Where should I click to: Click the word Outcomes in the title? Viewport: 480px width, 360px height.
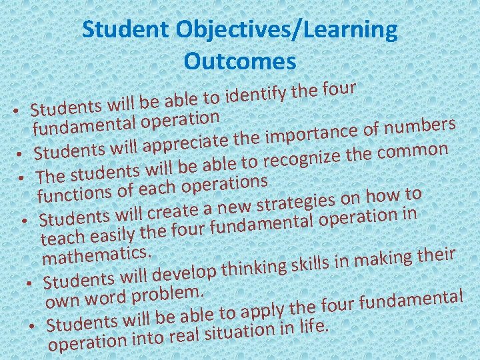239,61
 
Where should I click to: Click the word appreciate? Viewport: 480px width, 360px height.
189,141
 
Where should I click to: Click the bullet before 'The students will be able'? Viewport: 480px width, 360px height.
22,178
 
